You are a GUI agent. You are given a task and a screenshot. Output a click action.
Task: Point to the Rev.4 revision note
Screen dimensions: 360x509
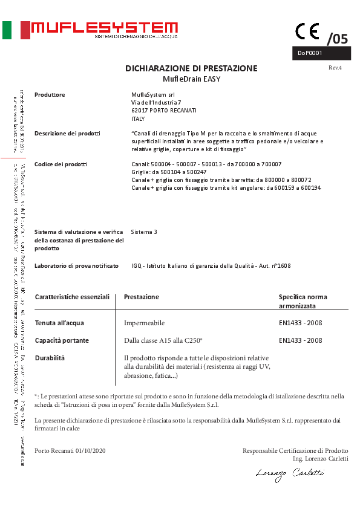(x=335, y=68)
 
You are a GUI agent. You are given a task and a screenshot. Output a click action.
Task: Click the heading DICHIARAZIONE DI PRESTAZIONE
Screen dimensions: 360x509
(x=191, y=68)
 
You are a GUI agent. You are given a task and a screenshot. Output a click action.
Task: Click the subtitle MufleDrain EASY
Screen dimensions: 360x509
(x=192, y=79)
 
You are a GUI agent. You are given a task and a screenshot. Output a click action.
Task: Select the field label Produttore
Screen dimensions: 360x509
(x=50, y=95)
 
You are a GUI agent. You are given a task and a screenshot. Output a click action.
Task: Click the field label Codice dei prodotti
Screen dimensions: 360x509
(x=61, y=164)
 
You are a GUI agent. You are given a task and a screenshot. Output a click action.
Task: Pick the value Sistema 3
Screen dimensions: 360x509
(x=144, y=232)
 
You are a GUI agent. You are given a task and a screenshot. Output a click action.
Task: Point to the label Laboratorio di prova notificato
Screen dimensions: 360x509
(x=76, y=265)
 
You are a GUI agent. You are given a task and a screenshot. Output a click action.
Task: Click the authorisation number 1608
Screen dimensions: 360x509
(x=284, y=265)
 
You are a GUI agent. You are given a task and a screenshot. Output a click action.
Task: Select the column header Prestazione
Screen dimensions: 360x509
(x=141, y=297)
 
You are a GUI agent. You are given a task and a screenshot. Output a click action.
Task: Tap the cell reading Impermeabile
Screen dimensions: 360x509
(x=144, y=323)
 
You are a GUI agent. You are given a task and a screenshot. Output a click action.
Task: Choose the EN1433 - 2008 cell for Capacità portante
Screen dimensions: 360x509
(x=301, y=340)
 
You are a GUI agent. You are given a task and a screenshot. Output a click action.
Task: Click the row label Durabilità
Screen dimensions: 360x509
(x=50, y=358)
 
